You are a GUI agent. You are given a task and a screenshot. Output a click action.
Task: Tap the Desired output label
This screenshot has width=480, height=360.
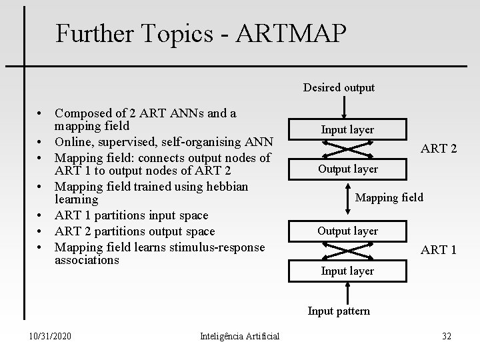tap(339, 87)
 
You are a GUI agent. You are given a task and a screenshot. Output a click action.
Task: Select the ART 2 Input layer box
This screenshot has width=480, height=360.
tap(347, 129)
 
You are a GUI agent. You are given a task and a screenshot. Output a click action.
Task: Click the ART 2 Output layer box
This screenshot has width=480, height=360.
tap(347, 169)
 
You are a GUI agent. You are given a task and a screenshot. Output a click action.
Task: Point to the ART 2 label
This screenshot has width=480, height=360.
tap(438, 149)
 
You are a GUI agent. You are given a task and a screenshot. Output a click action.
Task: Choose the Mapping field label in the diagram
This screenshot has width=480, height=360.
tap(389, 197)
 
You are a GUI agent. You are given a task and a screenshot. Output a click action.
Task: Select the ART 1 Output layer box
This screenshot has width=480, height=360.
tap(347, 231)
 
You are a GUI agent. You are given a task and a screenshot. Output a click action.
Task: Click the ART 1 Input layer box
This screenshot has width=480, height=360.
tap(347, 271)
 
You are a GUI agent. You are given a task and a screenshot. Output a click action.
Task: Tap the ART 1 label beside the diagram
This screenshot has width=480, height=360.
tap(438, 251)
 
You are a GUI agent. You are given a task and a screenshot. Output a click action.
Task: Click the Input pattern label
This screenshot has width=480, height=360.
tap(339, 311)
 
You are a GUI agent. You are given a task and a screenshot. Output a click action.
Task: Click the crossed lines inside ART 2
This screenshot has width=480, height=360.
tap(347, 149)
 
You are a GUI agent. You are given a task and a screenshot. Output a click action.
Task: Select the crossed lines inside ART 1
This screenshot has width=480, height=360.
tap(347, 251)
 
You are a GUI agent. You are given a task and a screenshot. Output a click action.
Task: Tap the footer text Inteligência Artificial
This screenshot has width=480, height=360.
tap(239, 336)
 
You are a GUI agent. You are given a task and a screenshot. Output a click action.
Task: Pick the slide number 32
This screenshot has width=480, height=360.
tap(446, 336)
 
